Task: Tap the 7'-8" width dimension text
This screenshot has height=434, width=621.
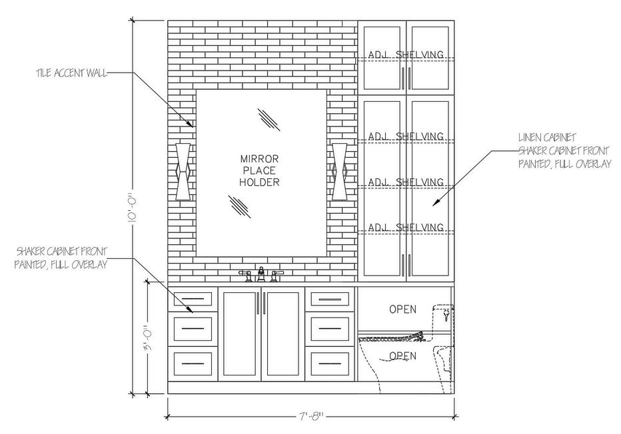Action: click(x=311, y=417)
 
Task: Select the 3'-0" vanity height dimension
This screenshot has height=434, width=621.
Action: click(x=150, y=339)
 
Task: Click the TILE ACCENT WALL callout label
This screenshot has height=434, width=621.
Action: click(x=71, y=73)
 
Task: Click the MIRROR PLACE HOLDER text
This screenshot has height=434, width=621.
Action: click(x=260, y=170)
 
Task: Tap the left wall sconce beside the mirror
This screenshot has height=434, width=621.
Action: click(x=183, y=171)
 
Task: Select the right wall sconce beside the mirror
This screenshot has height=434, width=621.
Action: click(x=340, y=171)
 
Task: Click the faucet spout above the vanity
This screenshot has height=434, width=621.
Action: click(x=261, y=274)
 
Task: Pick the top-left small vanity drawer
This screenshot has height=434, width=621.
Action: click(x=193, y=299)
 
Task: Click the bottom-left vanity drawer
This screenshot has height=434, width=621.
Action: click(x=193, y=363)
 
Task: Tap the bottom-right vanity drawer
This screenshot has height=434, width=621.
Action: click(x=329, y=363)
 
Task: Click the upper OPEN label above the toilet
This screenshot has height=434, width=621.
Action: click(x=402, y=309)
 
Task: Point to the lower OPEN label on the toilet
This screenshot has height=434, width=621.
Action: click(x=402, y=355)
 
